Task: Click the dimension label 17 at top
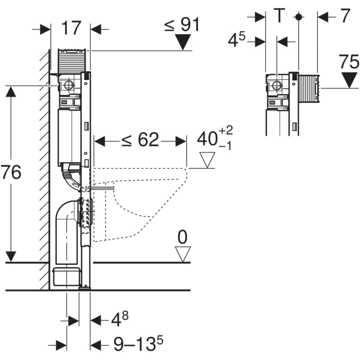tap(71, 28)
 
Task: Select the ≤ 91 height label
tap(182, 24)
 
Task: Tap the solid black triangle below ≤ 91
tap(183, 43)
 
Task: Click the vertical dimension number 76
tap(11, 172)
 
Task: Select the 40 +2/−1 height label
tap(215, 138)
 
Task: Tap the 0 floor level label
tap(182, 238)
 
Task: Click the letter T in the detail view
tap(278, 16)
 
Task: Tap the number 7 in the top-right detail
tap(345, 16)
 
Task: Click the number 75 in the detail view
tap(349, 62)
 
